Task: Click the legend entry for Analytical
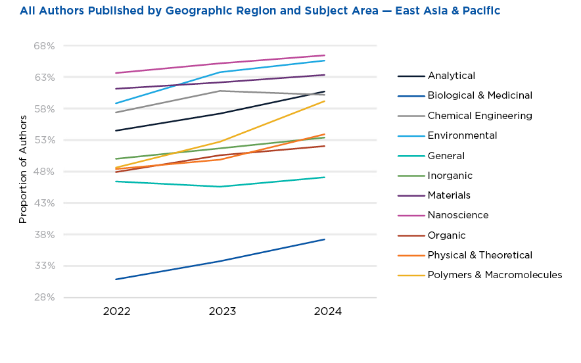pyautogui.click(x=451, y=76)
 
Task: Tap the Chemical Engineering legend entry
pyautogui.click(x=480, y=116)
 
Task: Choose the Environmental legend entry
pyautogui.click(x=462, y=135)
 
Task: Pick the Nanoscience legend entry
pyautogui.click(x=458, y=215)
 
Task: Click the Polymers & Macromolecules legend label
pyautogui.click(x=494, y=275)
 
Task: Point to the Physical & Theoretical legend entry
pyautogui.click(x=480, y=255)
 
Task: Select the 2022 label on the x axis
pyautogui.click(x=116, y=312)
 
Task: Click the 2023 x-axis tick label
pyautogui.click(x=222, y=312)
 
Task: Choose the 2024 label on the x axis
pyautogui.click(x=327, y=312)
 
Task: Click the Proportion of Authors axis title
pyautogui.click(x=23, y=169)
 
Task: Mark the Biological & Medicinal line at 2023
pyautogui.click(x=222, y=261)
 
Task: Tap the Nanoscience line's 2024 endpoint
pyautogui.click(x=325, y=55)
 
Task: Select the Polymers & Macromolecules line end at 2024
pyautogui.click(x=325, y=101)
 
